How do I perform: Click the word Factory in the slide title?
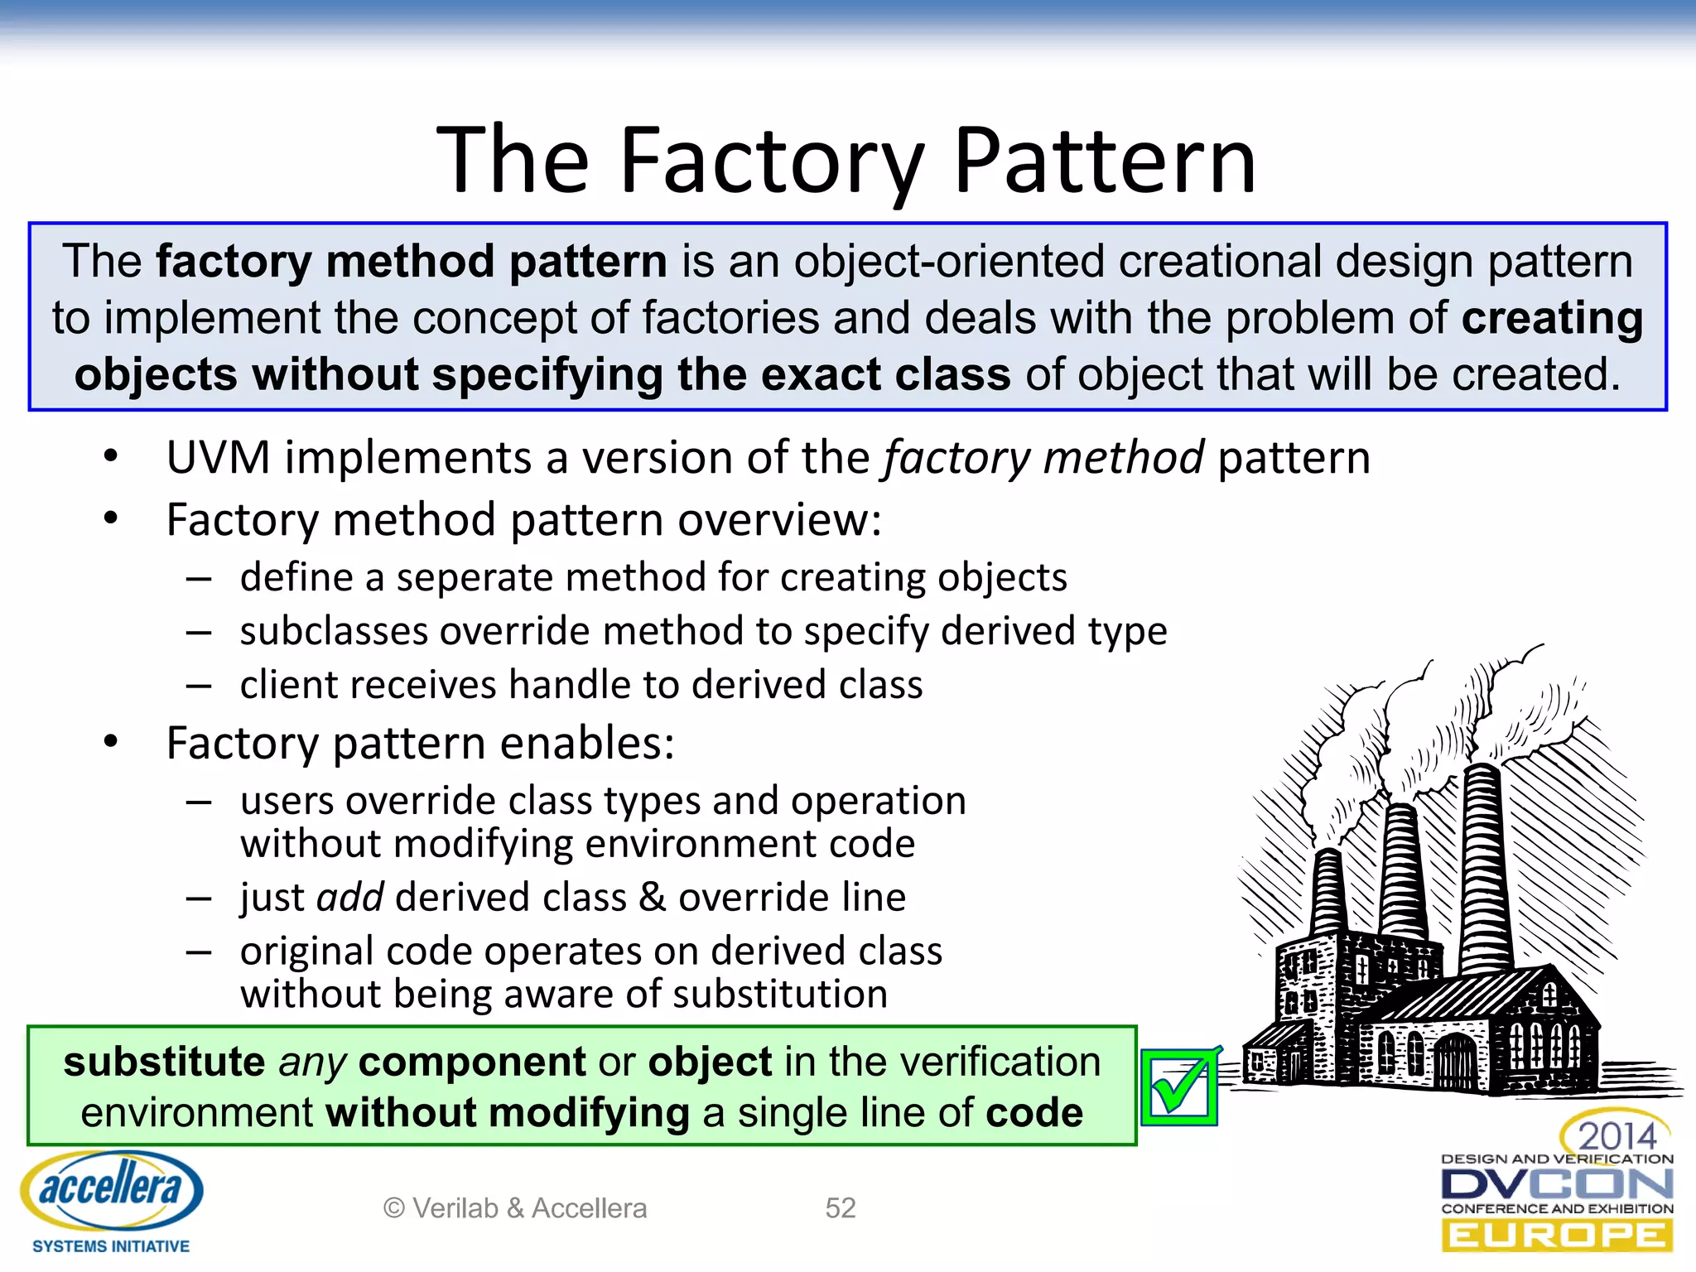tap(770, 161)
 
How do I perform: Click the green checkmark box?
tap(1179, 1087)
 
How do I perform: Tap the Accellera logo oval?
tap(112, 1190)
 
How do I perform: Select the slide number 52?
tap(840, 1208)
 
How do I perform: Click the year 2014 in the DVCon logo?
tap(1616, 1135)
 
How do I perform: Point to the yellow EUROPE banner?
tap(1557, 1236)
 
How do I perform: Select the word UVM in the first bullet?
tap(218, 458)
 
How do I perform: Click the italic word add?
tap(349, 898)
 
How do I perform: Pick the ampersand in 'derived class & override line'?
tap(653, 898)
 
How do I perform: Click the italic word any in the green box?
tap(311, 1062)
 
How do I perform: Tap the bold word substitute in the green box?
tap(164, 1062)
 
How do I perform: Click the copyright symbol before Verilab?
tap(393, 1208)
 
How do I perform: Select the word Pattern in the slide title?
tap(1105, 161)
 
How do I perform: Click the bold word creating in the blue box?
tap(1551, 319)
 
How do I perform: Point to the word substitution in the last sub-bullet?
tap(779, 994)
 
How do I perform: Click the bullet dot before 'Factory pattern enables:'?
tap(111, 742)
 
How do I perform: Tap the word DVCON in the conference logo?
tap(1557, 1184)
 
